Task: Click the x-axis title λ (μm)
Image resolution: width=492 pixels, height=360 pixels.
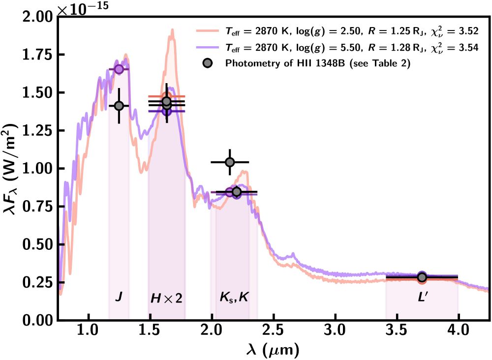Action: point(274,350)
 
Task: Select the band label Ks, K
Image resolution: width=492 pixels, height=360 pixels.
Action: point(234,298)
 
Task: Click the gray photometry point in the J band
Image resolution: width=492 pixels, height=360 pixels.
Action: point(119,106)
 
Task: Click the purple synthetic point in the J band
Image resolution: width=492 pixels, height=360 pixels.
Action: point(119,69)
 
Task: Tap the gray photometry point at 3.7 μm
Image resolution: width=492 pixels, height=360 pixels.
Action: point(422,277)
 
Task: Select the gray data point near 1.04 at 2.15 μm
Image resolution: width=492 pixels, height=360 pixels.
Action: point(229,162)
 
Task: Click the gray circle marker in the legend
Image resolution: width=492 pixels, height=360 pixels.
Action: point(208,63)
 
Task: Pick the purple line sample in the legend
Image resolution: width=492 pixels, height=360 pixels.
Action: point(207,48)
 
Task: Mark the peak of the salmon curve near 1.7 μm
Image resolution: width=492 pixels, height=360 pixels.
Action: point(172,30)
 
